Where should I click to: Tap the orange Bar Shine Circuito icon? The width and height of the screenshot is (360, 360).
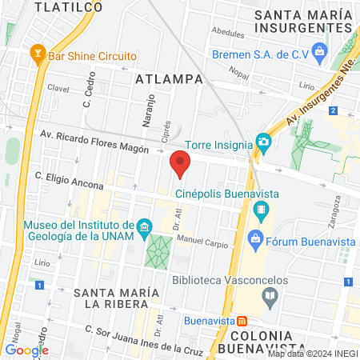36,55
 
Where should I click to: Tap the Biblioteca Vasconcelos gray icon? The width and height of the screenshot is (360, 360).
270,298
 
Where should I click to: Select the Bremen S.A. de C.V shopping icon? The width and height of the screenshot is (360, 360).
320,54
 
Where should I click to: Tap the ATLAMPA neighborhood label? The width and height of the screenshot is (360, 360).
170,79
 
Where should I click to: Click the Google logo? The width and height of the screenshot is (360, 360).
26,350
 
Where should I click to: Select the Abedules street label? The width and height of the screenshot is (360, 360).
227,33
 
